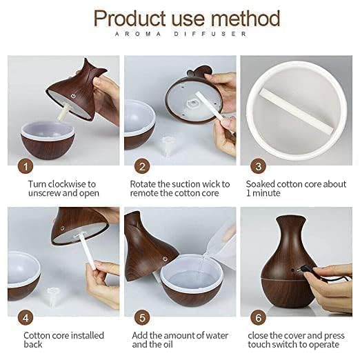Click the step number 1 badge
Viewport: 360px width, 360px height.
click(25, 166)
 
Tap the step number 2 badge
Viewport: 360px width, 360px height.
click(142, 166)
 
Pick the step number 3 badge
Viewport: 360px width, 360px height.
click(258, 166)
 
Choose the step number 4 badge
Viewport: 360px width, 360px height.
click(25, 319)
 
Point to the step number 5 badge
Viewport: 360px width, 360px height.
click(142, 319)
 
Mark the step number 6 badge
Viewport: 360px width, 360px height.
click(258, 319)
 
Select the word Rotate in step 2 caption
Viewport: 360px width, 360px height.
click(144, 185)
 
